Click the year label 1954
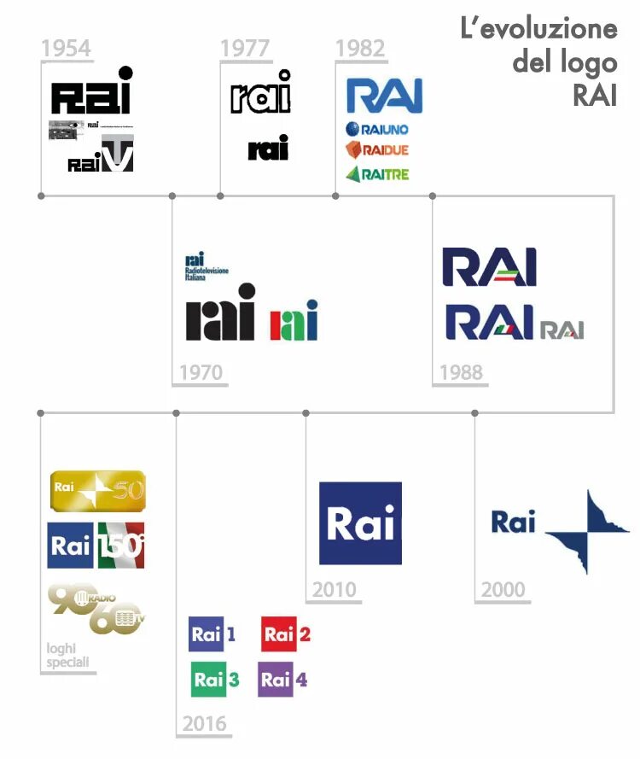[66, 49]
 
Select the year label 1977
[245, 49]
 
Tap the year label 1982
[359, 49]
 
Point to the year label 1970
[201, 373]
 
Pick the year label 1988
[461, 373]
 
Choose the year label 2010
[335, 590]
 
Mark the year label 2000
[503, 590]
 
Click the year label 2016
[204, 724]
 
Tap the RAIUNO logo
[377, 130]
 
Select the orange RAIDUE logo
[377, 151]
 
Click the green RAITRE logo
[377, 174]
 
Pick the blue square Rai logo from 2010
[360, 523]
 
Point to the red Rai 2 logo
[286, 634]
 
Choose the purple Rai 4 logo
[282, 680]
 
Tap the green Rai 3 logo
[215, 680]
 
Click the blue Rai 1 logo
[212, 634]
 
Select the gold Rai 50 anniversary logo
[97, 490]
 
